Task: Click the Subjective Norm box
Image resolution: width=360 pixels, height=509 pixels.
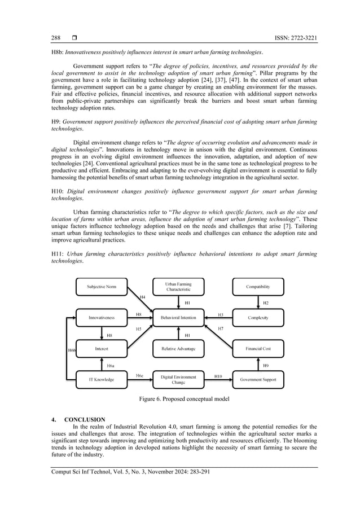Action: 102,287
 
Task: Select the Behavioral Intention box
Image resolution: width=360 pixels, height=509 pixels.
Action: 178,318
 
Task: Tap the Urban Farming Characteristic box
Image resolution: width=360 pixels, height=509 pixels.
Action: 178,287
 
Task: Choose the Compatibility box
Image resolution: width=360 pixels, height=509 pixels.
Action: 258,287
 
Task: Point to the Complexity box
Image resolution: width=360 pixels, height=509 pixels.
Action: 258,318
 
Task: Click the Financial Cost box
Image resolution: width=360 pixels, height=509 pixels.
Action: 258,349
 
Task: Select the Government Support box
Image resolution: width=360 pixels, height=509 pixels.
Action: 258,380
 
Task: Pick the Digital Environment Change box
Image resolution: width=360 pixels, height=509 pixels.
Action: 178,380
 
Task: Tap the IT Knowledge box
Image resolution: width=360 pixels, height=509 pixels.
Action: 102,380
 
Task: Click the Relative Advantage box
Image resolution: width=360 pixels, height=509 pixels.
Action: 178,349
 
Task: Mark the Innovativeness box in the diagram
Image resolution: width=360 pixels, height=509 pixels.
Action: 102,318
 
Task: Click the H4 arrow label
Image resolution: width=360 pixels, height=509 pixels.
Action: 142,297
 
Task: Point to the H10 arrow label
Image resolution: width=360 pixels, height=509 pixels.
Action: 218,375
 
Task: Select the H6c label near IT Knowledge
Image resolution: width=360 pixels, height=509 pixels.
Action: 139,375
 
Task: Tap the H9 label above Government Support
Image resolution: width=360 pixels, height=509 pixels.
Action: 266,365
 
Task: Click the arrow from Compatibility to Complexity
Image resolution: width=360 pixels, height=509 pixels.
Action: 258,302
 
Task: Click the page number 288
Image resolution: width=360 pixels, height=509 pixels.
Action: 55,38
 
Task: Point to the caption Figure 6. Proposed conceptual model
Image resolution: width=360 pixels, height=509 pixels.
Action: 180,400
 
